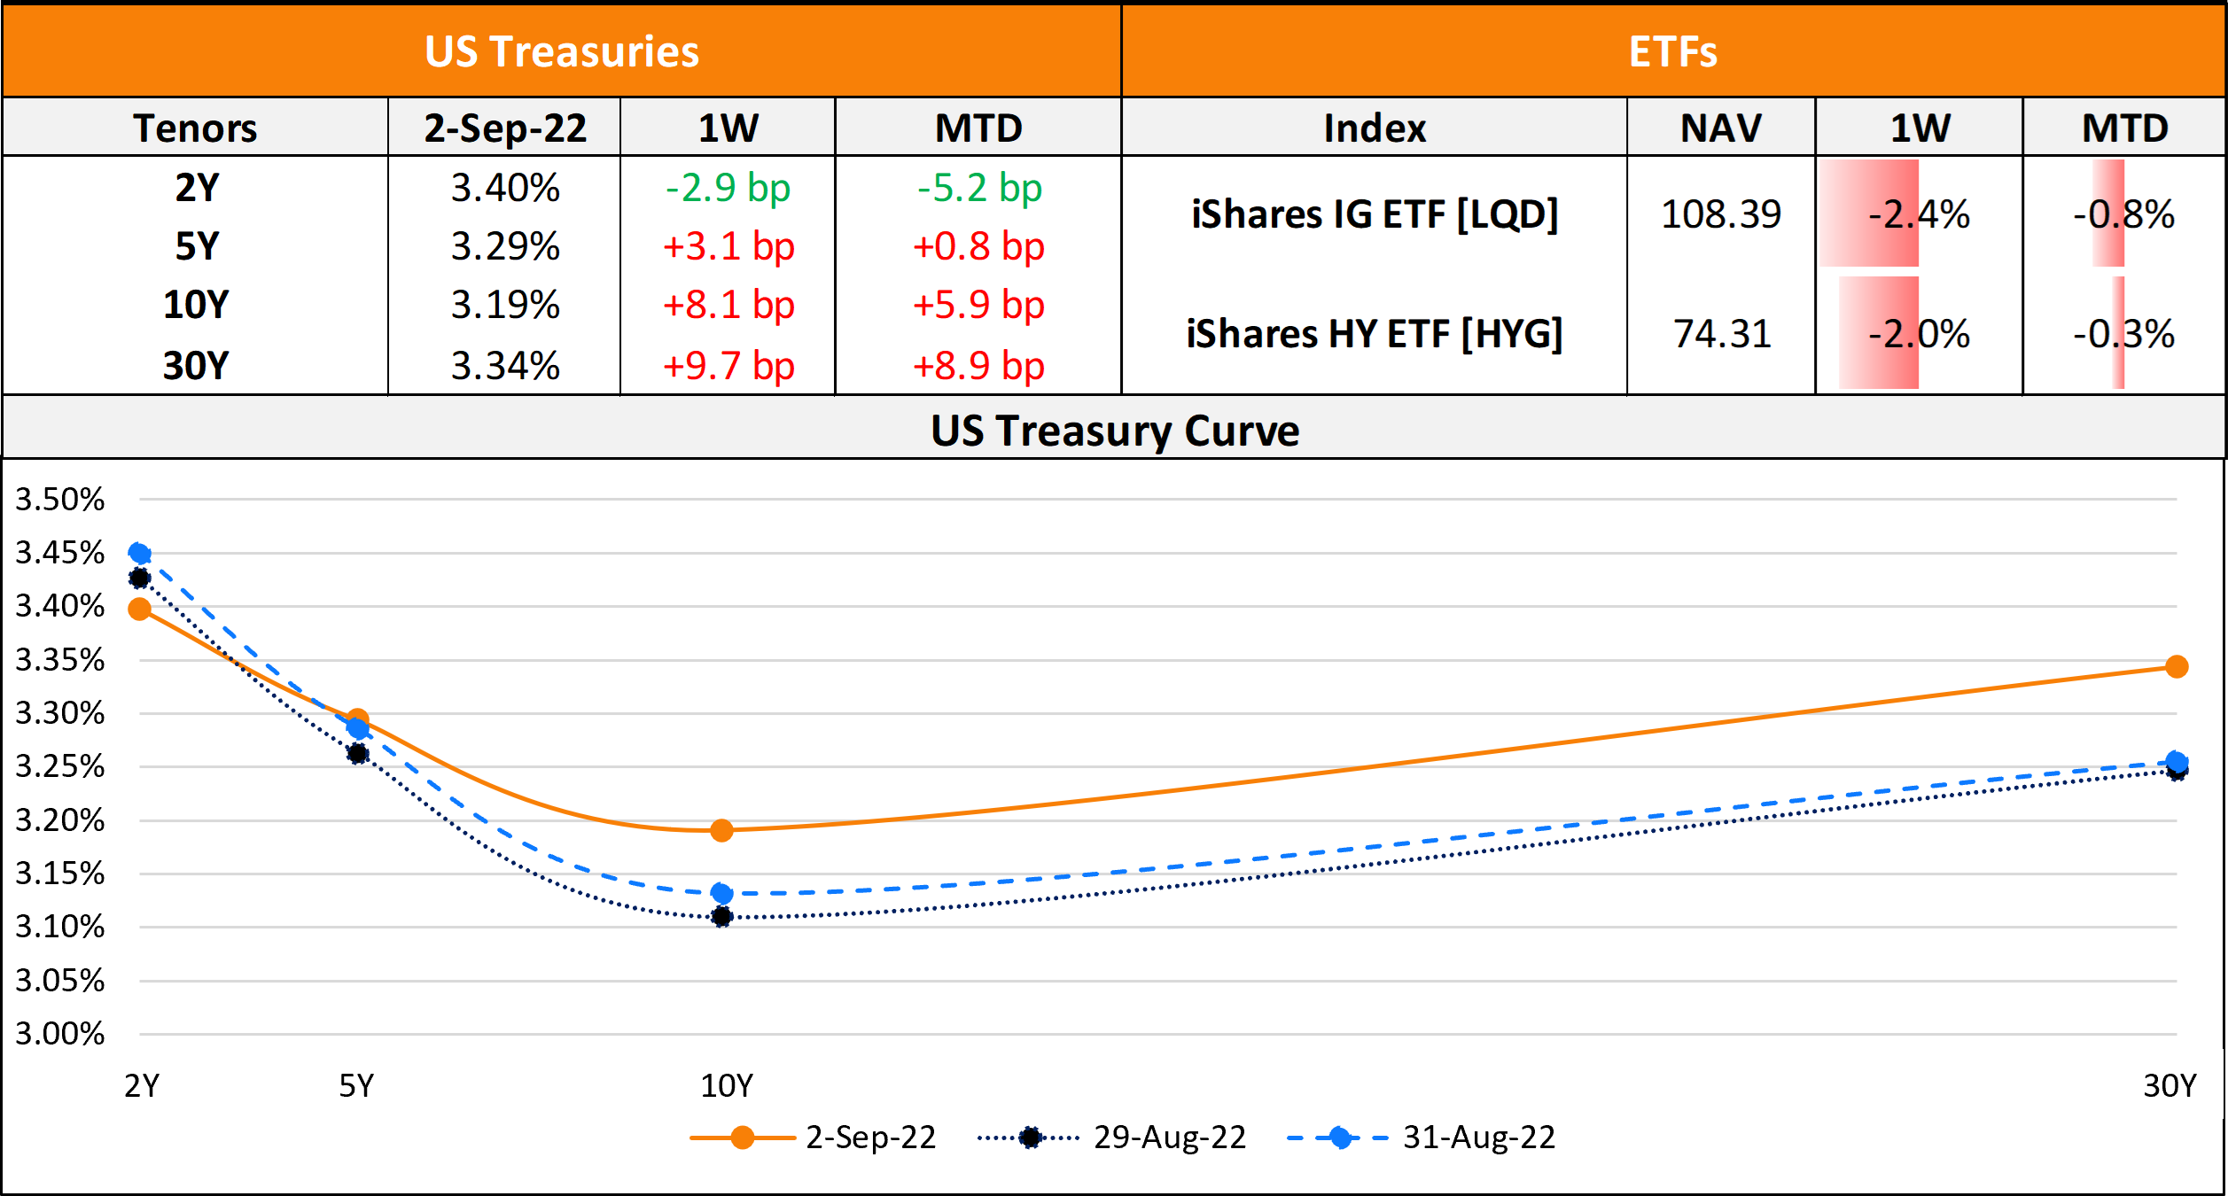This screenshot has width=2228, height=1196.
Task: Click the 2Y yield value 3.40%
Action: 505,188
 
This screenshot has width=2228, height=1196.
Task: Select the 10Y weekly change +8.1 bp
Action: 728,305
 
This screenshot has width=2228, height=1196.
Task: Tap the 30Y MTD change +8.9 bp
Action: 978,365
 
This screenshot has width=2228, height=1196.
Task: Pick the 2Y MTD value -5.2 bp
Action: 978,188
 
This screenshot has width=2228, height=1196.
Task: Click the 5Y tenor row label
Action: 196,246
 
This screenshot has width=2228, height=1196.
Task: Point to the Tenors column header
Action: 195,128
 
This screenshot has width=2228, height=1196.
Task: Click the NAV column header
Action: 1720,128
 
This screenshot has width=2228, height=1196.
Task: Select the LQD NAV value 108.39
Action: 1720,214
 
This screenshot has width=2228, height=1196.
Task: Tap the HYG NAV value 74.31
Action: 1722,334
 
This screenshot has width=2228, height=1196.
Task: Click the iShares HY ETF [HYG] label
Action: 1374,334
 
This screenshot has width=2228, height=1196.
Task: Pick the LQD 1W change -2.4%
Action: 1919,214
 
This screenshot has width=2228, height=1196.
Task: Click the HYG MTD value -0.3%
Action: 2123,334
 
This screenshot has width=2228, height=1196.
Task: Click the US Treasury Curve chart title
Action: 1114,431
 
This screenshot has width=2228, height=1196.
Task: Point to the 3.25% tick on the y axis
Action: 59,766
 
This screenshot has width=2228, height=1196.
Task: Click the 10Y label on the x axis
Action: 726,1085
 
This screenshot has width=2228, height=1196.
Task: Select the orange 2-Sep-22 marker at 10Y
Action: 721,830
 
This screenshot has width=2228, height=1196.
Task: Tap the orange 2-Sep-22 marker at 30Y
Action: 2177,666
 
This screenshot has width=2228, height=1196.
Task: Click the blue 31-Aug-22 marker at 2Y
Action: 139,554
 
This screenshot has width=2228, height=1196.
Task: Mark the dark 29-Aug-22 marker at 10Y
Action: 721,916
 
